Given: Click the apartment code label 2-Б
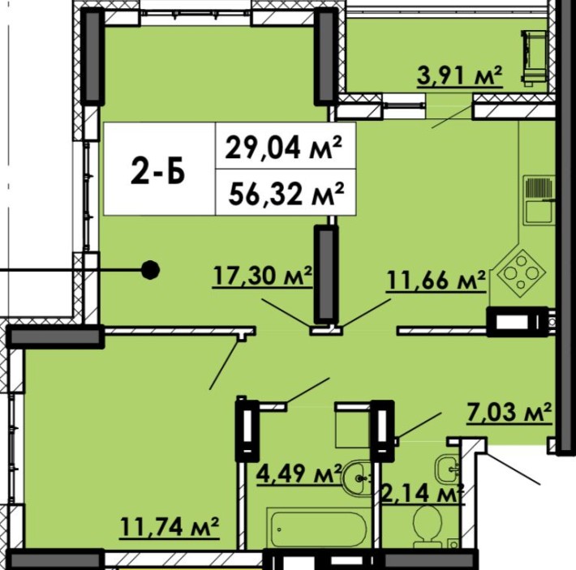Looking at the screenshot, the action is [158, 171].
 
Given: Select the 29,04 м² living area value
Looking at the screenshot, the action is [284, 147].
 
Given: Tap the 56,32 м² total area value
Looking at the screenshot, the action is [286, 194].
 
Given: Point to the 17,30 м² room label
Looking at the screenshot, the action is [262, 276].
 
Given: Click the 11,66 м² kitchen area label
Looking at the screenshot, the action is [436, 281].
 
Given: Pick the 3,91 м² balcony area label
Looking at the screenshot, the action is [459, 76].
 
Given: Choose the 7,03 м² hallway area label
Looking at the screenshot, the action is [509, 413].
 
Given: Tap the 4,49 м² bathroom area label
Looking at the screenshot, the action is [299, 473].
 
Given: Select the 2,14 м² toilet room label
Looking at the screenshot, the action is [423, 493].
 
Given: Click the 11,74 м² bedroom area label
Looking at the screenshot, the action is [170, 528].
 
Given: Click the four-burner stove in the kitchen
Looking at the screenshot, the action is [521, 273].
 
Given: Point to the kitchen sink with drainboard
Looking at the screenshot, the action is [538, 200].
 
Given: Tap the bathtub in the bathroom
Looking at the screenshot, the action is [316, 529].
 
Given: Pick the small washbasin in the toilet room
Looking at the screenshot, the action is [447, 469].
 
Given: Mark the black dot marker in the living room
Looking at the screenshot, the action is [150, 270].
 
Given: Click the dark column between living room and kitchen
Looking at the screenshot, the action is [325, 275].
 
